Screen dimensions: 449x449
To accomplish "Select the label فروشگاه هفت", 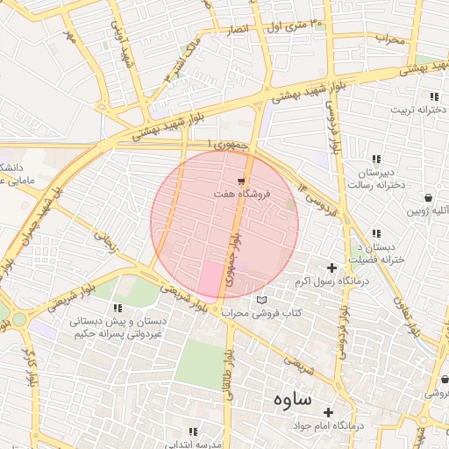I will (238, 194).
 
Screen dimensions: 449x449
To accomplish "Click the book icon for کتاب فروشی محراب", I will (260, 301).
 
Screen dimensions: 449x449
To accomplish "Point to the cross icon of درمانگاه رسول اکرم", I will (331, 267).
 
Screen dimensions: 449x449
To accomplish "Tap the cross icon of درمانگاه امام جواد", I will (329, 412).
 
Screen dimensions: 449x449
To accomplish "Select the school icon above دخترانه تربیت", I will (434, 96).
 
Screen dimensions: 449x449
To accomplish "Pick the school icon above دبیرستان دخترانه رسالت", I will (377, 159).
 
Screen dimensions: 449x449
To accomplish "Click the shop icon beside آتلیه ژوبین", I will (427, 198).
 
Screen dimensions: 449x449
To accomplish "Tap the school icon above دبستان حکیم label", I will (118, 308).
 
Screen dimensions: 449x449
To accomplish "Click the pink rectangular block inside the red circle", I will (210, 279).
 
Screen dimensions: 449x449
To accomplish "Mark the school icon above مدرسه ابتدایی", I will (193, 432).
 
